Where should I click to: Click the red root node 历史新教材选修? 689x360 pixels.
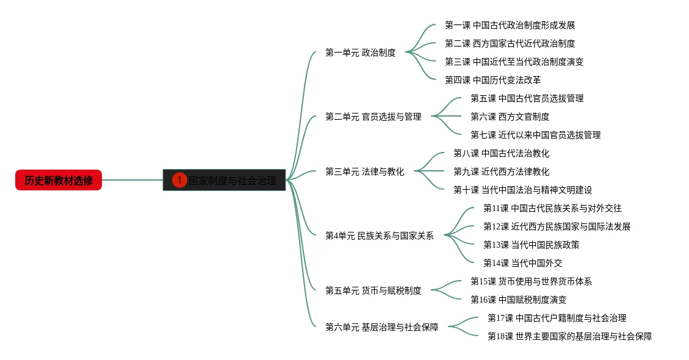59,180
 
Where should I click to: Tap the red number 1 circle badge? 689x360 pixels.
179,180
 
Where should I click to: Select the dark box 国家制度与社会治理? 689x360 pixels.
232,181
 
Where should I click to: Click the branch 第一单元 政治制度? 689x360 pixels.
360,52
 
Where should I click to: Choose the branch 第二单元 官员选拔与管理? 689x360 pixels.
373,117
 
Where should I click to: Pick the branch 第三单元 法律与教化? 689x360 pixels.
364,171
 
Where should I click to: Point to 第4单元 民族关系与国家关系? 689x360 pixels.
379,236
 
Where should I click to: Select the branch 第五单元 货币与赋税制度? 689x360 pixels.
373,290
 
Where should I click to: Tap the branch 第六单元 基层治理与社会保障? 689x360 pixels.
381,327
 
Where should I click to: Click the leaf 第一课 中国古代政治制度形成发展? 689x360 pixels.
510,25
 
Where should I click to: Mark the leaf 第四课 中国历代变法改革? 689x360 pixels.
492,80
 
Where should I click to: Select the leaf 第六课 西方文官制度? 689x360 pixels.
510,117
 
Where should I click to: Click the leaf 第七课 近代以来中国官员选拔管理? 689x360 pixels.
535,135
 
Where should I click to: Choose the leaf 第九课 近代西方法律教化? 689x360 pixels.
501,171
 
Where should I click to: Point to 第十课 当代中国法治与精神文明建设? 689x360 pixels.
522,190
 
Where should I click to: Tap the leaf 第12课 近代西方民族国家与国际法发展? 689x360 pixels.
557,226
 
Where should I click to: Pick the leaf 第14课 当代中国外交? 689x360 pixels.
522,263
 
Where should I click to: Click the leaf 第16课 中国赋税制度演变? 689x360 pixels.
518,300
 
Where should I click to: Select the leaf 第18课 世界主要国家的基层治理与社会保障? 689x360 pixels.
569,336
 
